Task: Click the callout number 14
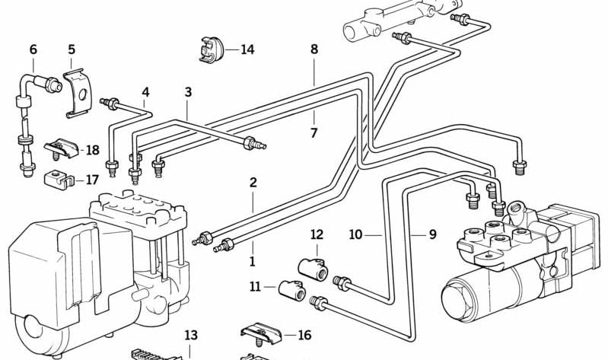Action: [247, 50]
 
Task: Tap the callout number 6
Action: [33, 49]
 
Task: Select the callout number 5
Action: [72, 49]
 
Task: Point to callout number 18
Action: [92, 151]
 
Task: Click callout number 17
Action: [92, 180]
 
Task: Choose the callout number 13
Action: [189, 335]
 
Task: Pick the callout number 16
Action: [304, 335]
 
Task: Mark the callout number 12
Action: [317, 234]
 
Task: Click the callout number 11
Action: [255, 287]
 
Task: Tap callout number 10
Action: [355, 234]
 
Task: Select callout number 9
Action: [432, 234]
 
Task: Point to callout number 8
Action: [314, 49]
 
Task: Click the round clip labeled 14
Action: [209, 49]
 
